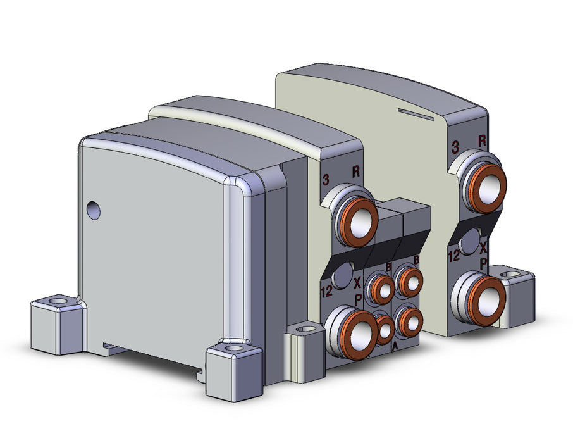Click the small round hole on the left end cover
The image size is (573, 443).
pos(94,210)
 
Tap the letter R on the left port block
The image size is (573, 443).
pos(355,172)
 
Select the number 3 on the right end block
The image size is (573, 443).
pos(455,147)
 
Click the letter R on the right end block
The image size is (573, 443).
pos(482,141)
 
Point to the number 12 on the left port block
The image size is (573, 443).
pos(327,291)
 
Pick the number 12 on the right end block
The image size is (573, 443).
pos(453,255)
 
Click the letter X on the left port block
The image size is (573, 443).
pos(358,282)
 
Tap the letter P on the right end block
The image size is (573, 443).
pos(483,263)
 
